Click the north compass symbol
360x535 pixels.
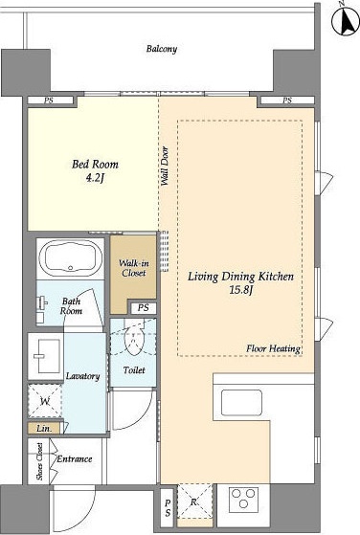(346, 19)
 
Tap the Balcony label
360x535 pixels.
(162, 49)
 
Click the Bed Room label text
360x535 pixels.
(95, 164)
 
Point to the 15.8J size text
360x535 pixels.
(241, 290)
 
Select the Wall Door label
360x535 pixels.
(165, 167)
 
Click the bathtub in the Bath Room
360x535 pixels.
(71, 258)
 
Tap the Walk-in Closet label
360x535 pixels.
(133, 268)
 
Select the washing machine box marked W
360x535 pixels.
(45, 401)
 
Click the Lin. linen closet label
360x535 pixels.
(44, 429)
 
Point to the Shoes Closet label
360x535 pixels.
(40, 461)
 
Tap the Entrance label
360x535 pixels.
(75, 458)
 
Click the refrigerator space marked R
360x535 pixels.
(194, 501)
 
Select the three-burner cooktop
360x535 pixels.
(243, 500)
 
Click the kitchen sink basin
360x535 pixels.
(241, 402)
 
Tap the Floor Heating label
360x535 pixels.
(274, 348)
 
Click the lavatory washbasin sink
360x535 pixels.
(45, 356)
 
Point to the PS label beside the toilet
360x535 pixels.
(144, 308)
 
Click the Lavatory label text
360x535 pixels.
(83, 376)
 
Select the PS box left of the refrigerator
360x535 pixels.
(168, 508)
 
